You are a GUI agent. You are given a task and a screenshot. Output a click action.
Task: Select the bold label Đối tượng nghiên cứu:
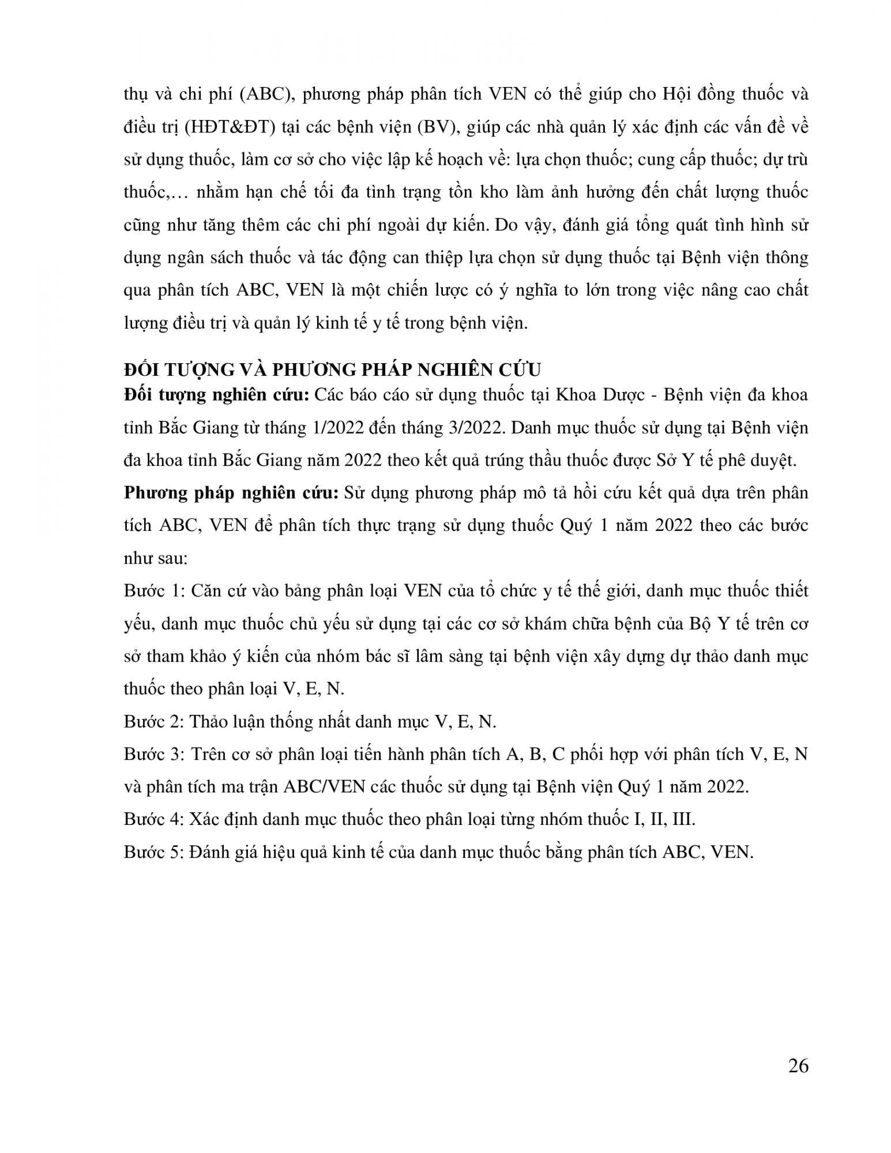[217, 395]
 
